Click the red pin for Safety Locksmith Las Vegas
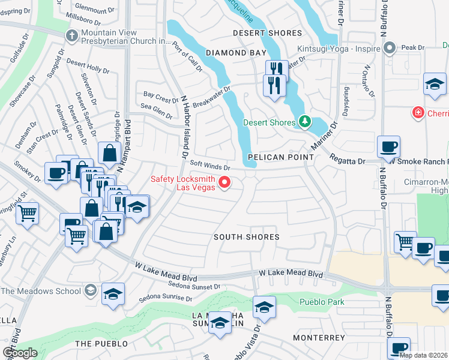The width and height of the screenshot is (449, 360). tap(226, 182)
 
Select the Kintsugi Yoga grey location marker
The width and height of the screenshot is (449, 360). tap(390, 47)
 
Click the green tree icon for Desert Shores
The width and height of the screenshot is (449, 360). tap(305, 122)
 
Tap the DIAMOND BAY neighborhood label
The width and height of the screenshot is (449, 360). tap(236, 53)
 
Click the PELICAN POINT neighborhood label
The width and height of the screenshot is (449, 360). tap(280, 157)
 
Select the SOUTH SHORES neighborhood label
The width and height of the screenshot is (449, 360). tap(247, 237)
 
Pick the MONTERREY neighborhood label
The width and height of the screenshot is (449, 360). tap(319, 338)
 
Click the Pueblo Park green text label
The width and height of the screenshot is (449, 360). tap(323, 302)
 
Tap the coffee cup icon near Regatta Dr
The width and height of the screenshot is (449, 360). tap(388, 146)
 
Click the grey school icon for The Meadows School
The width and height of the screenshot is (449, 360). tap(89, 292)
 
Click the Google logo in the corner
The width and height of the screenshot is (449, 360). tap(20, 353)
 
